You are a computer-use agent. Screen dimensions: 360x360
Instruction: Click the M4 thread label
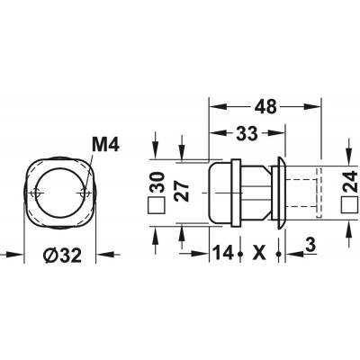pos(105,145)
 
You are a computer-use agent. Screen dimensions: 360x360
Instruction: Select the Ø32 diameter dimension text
pos(62,256)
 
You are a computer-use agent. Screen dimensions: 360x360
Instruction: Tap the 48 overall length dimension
pos(265,106)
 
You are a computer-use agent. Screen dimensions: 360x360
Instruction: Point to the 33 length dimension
pos(247,133)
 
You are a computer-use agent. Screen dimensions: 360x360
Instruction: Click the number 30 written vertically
pos(157,182)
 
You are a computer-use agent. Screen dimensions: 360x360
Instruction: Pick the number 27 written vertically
pos(183,192)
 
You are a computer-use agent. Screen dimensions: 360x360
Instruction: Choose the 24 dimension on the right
pos(350,182)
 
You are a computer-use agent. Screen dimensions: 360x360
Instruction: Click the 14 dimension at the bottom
pos(222,253)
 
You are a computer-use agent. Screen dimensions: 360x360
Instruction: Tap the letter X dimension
pos(259,253)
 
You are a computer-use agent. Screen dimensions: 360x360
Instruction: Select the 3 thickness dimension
pos(311,245)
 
